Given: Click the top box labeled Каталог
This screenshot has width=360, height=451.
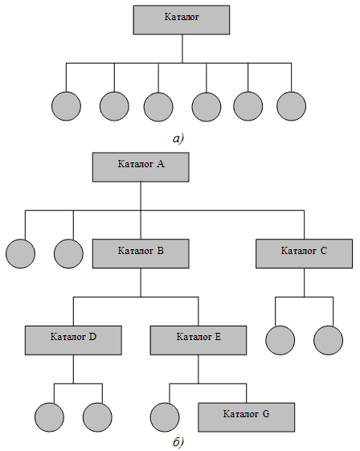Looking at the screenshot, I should click(x=182, y=19).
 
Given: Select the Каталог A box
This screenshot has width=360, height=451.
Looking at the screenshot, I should click(x=141, y=167).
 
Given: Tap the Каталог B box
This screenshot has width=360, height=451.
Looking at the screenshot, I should click(x=141, y=252).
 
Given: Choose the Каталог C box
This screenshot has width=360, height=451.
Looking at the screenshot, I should click(x=304, y=252).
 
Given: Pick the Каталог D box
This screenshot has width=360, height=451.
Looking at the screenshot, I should click(x=73, y=339).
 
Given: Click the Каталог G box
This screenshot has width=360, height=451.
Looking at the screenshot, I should click(x=247, y=416).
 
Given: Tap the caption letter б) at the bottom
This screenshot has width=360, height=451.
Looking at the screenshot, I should click(x=178, y=442).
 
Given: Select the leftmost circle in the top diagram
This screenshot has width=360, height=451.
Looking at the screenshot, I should click(x=66, y=107).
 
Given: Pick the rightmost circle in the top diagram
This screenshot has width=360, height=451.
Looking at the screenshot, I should click(x=292, y=107).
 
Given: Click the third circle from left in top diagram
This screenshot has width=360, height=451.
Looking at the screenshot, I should click(x=158, y=107).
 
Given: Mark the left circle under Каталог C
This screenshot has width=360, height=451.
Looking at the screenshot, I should click(x=278, y=340).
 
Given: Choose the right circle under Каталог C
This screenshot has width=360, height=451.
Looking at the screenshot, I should click(x=328, y=340).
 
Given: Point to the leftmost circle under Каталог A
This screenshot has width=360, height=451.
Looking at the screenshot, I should click(x=21, y=253).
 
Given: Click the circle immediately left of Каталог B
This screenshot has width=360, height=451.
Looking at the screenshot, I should click(x=69, y=253).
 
